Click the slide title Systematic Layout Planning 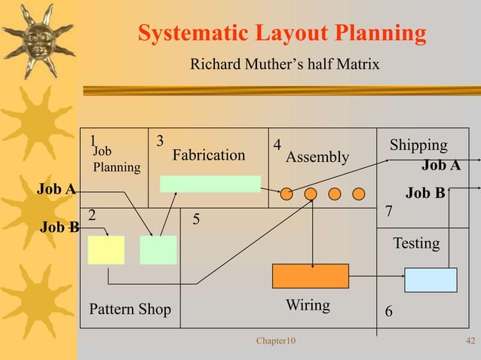282,34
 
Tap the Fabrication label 209,155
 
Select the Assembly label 317,157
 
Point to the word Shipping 418,145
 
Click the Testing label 416,243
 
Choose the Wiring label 308,305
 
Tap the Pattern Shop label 130,310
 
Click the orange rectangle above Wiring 310,276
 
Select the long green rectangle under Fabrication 210,185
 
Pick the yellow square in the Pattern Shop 106,250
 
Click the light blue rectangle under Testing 430,279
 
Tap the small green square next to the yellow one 158,250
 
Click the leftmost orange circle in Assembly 286,194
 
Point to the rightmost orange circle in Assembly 359,194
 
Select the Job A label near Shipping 440,166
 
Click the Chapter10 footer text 276,342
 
